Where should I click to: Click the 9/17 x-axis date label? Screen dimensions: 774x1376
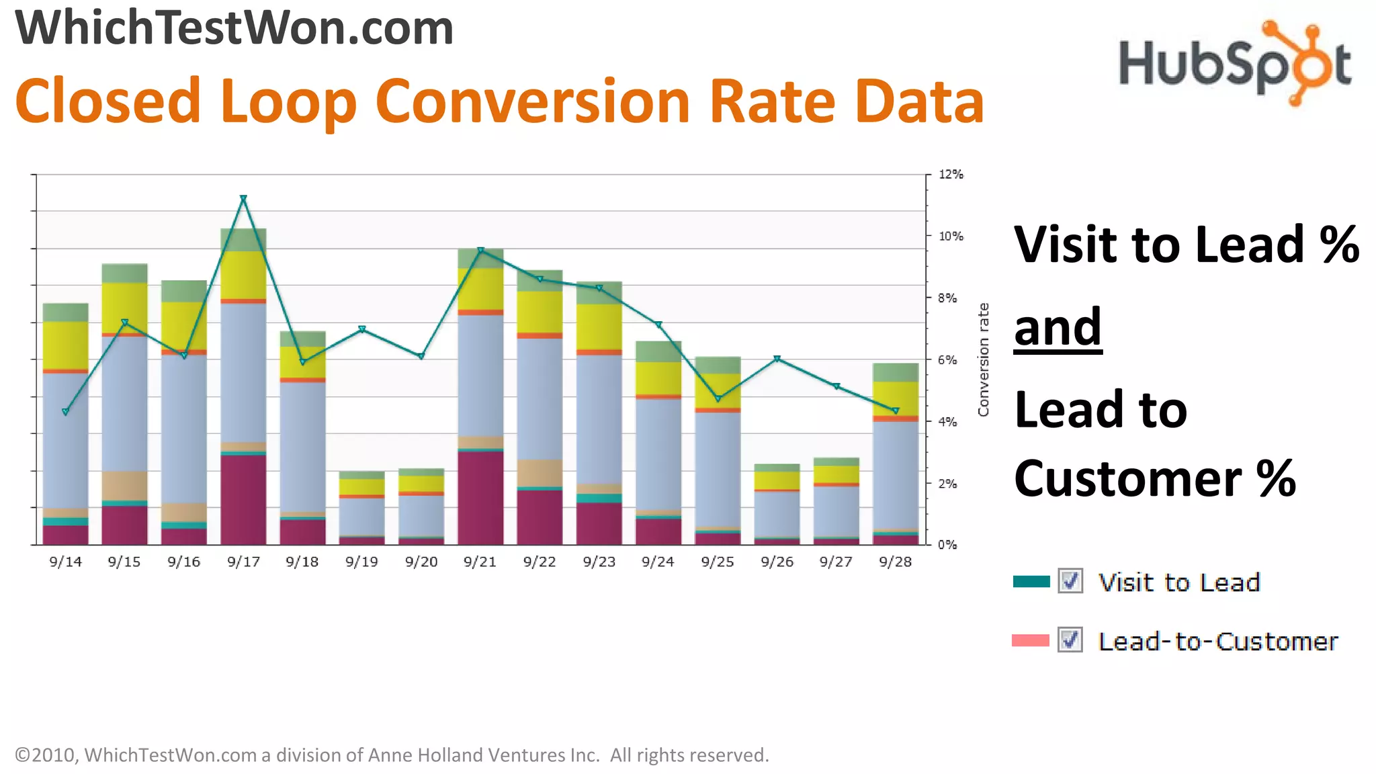243,562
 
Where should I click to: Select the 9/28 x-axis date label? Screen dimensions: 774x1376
895,562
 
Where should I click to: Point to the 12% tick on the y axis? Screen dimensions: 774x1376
951,175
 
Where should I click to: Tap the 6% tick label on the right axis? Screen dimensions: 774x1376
947,360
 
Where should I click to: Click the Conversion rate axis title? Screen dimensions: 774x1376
984,359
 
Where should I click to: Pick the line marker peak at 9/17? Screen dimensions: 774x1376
243,198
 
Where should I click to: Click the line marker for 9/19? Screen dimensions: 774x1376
362,329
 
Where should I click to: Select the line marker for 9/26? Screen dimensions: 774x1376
777,359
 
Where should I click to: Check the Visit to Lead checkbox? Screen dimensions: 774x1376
1070,581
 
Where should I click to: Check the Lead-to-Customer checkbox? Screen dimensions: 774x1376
1070,640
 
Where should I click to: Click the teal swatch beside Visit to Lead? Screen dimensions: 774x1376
1031,582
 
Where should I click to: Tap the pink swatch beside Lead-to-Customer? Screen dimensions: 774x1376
1031,640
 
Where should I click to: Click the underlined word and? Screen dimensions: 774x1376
1058,327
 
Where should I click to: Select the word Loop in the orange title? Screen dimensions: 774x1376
288,101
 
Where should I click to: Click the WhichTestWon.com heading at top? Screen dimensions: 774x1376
234,28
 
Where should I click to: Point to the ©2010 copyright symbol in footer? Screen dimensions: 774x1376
22,755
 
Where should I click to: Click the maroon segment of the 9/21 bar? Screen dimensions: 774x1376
480,497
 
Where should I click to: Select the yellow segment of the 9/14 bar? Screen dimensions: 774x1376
66,345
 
